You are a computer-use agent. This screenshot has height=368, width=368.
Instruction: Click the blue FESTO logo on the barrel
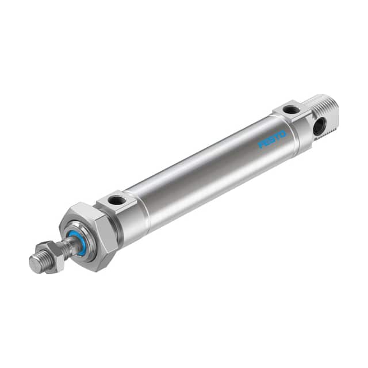(x=272, y=139)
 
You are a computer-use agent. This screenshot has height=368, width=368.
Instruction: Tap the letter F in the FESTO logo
(x=261, y=144)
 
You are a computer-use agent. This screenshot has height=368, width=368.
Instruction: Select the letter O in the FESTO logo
(x=283, y=134)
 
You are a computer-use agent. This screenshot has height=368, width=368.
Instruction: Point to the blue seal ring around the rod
(x=76, y=240)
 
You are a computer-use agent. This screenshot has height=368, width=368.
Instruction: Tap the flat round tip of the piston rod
(x=34, y=263)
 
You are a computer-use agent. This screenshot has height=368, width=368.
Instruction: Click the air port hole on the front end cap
(x=116, y=201)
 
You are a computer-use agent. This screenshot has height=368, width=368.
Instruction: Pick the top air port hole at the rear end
(x=290, y=109)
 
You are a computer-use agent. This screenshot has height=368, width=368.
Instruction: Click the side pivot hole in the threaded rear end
(x=319, y=126)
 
